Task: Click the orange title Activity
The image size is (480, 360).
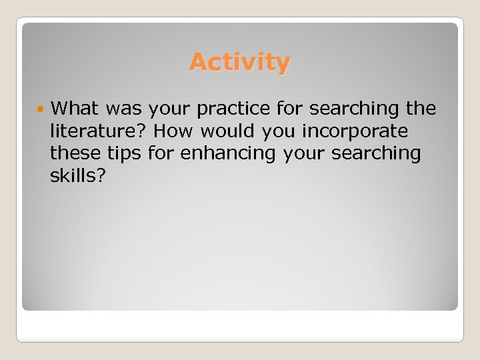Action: pyautogui.click(x=239, y=62)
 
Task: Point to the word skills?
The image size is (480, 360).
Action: pyautogui.click(x=74, y=176)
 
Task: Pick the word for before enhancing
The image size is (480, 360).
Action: pyautogui.click(x=159, y=153)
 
